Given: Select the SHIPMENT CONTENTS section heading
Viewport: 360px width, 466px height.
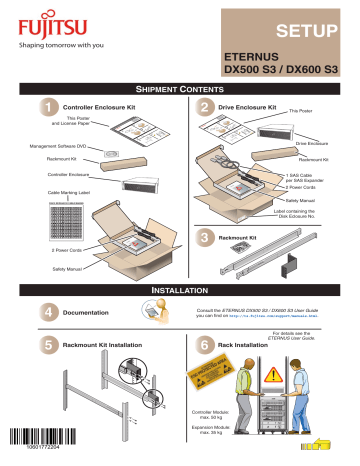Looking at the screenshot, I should [179, 88].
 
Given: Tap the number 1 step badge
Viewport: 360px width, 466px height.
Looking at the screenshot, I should [45, 106].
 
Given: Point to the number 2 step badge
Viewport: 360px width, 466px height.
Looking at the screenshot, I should [204, 106].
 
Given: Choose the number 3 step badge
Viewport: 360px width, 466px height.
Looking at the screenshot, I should [204, 238].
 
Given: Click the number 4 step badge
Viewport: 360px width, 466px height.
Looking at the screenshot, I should [45, 311].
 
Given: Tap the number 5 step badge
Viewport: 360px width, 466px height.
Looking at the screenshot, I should [45, 346].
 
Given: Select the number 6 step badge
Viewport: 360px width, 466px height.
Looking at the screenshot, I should [204, 346].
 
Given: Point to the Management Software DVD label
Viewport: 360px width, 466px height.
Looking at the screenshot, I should [50, 147].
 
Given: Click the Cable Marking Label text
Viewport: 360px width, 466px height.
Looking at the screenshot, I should [40, 191].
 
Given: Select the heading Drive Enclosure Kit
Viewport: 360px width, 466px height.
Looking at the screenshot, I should [246, 105].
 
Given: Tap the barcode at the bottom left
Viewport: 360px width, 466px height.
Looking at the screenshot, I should [44, 441].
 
